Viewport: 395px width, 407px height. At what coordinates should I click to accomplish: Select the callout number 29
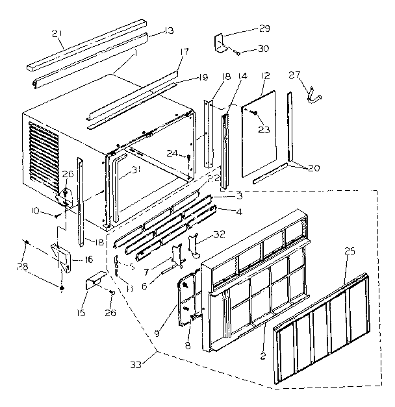[x=264, y=29]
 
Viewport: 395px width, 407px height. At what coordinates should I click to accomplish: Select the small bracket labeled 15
[x=96, y=283]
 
